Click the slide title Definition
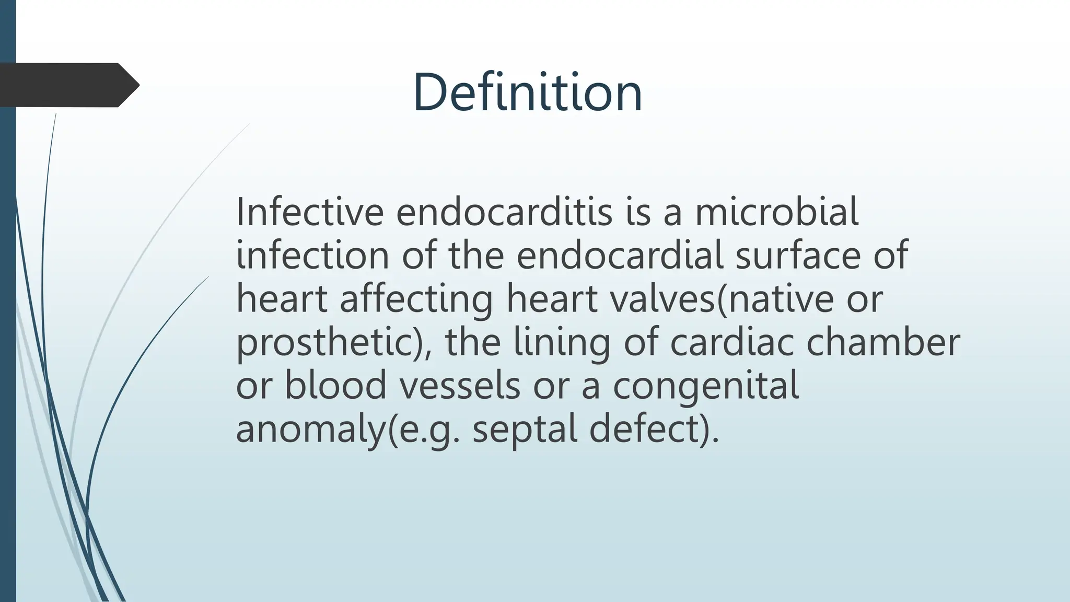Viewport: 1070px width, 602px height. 527,93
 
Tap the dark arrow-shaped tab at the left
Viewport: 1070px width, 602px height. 68,85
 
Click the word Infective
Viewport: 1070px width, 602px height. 310,212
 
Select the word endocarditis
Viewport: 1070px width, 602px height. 504,212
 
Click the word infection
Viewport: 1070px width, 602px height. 312,256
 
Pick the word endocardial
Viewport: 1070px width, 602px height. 620,256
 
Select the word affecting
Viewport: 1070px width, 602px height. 416,299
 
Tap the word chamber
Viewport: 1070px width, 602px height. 882,343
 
